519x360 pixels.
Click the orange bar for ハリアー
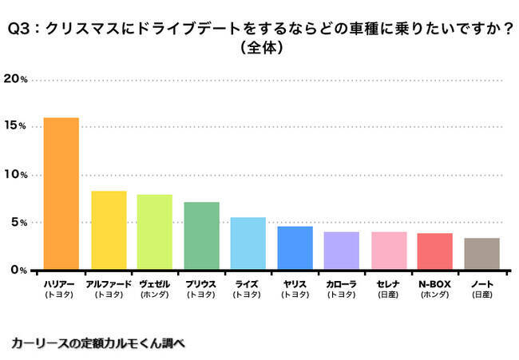tap(61, 194)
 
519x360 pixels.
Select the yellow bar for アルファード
tap(109, 231)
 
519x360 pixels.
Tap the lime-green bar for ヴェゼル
tap(155, 232)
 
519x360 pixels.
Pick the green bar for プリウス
tap(201, 236)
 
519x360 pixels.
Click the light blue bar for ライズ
tap(248, 243)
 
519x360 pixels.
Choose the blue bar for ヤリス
tap(295, 248)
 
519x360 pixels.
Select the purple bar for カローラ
tap(341, 251)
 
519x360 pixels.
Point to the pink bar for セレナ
tap(389, 251)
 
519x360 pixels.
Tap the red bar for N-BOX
tap(435, 251)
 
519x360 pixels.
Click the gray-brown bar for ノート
tap(482, 254)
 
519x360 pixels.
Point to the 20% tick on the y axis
tap(16, 79)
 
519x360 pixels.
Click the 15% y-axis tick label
tap(16, 127)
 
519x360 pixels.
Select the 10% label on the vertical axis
tap(16, 175)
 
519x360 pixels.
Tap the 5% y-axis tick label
tap(18, 223)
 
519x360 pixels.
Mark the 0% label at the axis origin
tap(18, 270)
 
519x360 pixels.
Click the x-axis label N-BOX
tap(435, 283)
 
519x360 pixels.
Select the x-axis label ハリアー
tap(61, 283)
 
